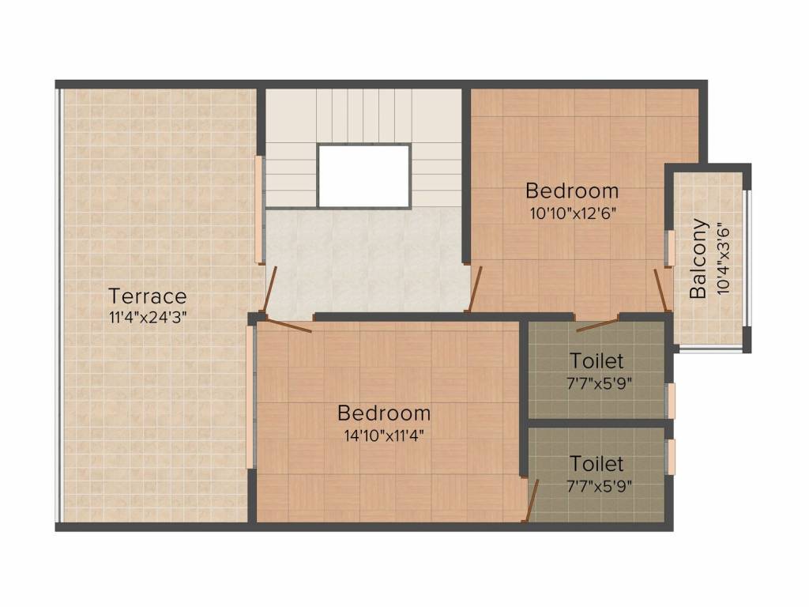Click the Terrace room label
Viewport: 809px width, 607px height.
pos(148,296)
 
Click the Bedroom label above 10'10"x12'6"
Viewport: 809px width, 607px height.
pos(572,190)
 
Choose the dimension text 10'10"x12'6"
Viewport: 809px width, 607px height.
pos(572,212)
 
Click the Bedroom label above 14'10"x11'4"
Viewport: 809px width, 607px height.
pos(384,413)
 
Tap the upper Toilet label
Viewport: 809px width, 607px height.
pos(596,361)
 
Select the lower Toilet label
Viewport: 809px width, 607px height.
pos(596,463)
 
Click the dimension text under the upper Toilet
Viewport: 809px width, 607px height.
pos(600,383)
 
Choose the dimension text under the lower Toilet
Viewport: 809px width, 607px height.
pos(600,485)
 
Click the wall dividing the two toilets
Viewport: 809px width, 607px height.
pos(597,424)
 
